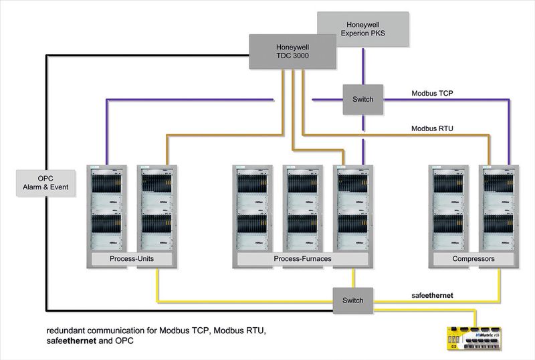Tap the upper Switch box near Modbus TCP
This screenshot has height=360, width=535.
click(363, 99)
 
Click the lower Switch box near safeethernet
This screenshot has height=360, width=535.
click(353, 300)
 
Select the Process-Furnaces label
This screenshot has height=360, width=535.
click(304, 258)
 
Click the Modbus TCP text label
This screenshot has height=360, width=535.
click(432, 93)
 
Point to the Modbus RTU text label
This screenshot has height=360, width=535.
click(432, 128)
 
